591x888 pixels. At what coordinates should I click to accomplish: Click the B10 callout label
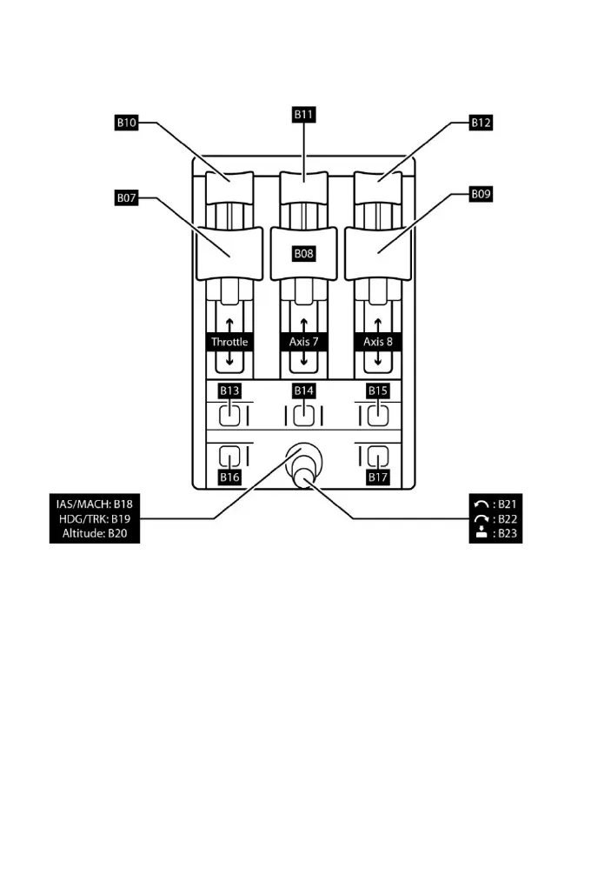(127, 124)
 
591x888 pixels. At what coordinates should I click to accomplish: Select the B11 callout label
(303, 112)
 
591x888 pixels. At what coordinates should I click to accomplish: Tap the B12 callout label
(481, 124)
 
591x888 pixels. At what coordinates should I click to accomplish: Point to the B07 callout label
(127, 198)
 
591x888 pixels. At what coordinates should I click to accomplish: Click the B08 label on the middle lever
(303, 254)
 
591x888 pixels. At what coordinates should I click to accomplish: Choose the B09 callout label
(481, 196)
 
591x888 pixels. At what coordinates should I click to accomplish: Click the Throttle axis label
(229, 342)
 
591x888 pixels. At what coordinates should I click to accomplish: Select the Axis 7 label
(303, 342)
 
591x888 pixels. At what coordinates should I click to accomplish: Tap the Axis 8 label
(377, 342)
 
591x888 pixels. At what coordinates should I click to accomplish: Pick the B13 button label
(229, 391)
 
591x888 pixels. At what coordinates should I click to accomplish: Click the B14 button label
(303, 391)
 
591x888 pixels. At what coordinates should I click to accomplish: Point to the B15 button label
(377, 391)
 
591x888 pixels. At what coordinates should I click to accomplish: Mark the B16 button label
(229, 477)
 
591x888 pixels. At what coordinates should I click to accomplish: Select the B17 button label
(377, 477)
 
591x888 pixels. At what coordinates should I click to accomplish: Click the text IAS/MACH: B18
(95, 504)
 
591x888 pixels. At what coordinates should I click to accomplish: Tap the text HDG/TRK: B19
(95, 518)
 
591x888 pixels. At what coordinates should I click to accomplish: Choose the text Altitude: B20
(95, 533)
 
